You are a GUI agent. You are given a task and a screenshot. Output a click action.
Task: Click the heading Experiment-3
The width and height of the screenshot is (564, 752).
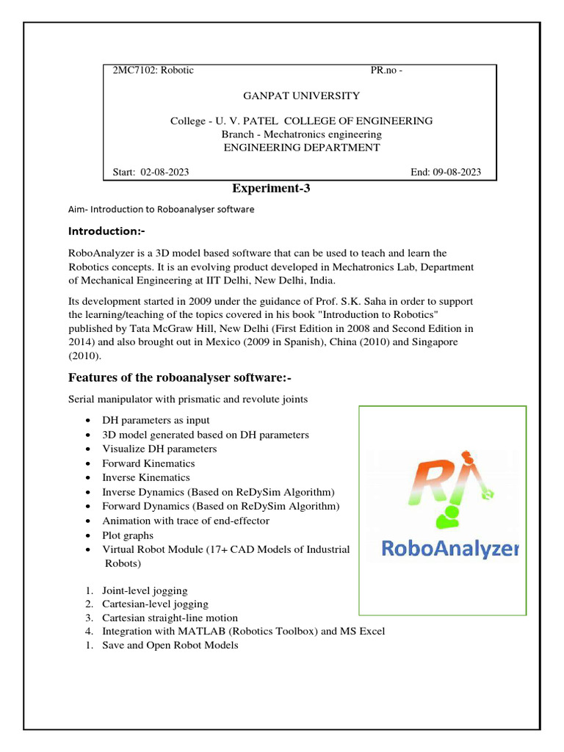click(272, 189)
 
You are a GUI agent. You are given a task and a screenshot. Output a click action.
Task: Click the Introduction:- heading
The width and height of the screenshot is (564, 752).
click(106, 231)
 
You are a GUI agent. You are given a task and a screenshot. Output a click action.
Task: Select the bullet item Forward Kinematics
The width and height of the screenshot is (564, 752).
click(148, 463)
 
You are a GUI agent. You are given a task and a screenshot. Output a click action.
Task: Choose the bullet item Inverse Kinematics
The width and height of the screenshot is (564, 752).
click(145, 477)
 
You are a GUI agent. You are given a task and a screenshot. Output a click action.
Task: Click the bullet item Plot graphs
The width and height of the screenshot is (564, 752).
click(128, 535)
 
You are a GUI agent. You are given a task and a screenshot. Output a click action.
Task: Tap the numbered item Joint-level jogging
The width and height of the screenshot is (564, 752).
click(145, 590)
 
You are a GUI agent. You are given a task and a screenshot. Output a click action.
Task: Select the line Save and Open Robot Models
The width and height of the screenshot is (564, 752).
click(170, 646)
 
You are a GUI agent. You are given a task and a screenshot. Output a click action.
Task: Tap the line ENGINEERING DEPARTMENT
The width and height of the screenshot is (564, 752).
click(301, 147)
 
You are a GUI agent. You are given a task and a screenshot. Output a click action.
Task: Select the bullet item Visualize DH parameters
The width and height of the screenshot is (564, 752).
click(159, 449)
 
